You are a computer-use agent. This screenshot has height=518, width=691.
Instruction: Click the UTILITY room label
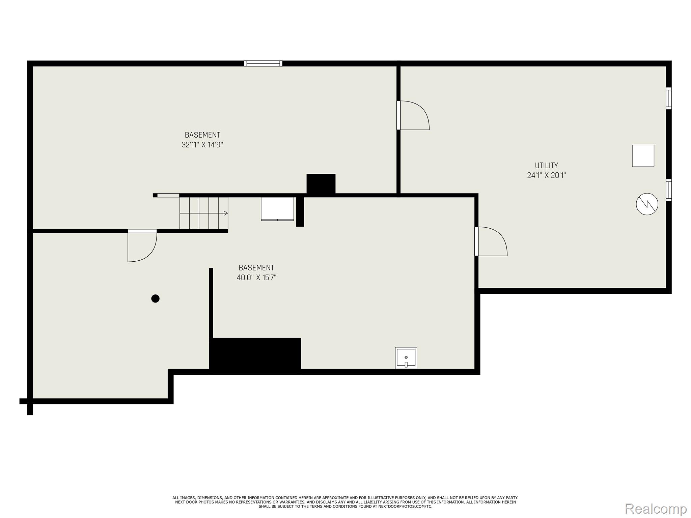(x=546, y=165)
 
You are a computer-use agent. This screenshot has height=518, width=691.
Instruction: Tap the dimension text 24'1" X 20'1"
(x=546, y=175)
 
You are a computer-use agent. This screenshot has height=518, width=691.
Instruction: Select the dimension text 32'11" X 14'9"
(x=202, y=145)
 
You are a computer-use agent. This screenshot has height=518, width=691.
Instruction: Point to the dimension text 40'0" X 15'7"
(x=256, y=278)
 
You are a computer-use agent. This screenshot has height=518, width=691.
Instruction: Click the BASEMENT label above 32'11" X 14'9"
(x=202, y=135)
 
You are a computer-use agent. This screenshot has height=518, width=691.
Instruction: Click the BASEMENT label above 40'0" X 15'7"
(x=256, y=268)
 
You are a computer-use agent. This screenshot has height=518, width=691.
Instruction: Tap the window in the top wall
(x=263, y=63)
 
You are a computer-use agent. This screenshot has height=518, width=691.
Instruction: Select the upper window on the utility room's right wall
(x=668, y=98)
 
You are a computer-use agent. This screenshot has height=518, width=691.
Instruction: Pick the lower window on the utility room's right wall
(x=668, y=190)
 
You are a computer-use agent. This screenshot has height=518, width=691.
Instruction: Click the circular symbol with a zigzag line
(x=647, y=204)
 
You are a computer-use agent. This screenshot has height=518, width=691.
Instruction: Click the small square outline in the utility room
(x=643, y=156)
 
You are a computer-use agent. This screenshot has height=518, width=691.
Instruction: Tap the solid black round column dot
(x=155, y=298)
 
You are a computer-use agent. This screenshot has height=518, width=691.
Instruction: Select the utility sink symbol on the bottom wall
(x=406, y=358)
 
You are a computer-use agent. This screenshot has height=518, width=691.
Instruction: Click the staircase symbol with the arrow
(x=204, y=213)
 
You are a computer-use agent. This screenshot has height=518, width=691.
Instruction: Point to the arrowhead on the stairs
(x=226, y=213)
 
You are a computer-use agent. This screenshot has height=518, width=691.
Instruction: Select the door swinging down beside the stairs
(x=142, y=246)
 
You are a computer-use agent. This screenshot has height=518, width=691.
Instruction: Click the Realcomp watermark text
(x=656, y=508)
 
